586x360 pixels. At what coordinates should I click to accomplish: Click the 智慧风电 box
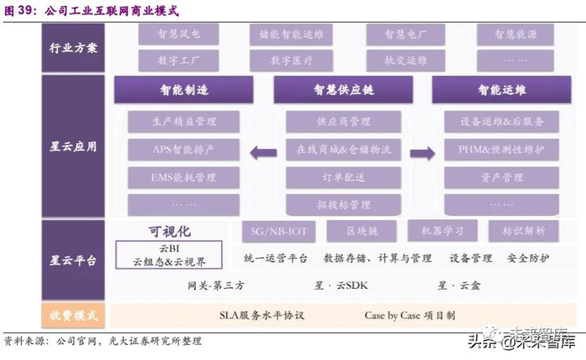pyautogui.click(x=176, y=34)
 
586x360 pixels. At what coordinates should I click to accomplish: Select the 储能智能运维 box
pyautogui.click(x=291, y=34)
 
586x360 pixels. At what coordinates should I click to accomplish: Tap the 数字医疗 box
pyautogui.click(x=291, y=60)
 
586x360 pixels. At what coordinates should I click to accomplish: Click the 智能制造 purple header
pyautogui.click(x=183, y=90)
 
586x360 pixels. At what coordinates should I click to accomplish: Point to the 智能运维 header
pyautogui.click(x=502, y=90)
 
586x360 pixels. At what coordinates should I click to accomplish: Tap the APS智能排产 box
pyautogui.click(x=172, y=149)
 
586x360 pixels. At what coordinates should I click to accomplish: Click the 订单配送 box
pyautogui.click(x=343, y=177)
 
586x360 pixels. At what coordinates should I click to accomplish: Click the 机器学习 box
pyautogui.click(x=442, y=229)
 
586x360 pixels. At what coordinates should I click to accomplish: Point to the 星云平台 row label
pyautogui.click(x=73, y=260)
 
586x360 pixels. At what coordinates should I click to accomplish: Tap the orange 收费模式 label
pyautogui.click(x=73, y=316)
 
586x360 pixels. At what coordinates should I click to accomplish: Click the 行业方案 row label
pyautogui.click(x=73, y=47)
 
